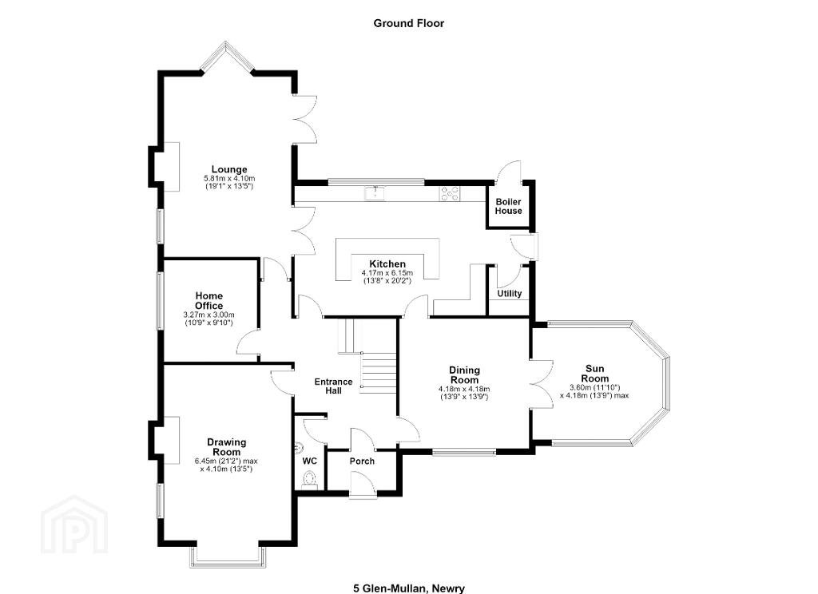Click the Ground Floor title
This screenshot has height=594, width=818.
tap(408, 23)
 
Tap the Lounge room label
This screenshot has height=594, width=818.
tap(229, 169)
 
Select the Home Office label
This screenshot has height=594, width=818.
tap(208, 301)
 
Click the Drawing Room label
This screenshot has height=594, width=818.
tap(226, 447)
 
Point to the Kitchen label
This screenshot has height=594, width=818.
tap(387, 264)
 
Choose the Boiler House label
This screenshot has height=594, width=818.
tap(509, 206)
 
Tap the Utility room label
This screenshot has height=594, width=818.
tap(509, 294)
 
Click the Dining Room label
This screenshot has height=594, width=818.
tap(464, 375)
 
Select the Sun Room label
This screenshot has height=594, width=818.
tap(594, 374)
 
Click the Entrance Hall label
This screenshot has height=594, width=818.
tap(333, 386)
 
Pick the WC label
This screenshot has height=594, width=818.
tap(309, 461)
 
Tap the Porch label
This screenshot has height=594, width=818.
tap(362, 461)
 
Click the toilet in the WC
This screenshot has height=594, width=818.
tap(309, 480)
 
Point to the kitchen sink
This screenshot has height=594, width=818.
tap(375, 192)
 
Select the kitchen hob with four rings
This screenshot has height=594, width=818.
tap(451, 193)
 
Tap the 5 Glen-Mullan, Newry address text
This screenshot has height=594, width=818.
tap(409, 588)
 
